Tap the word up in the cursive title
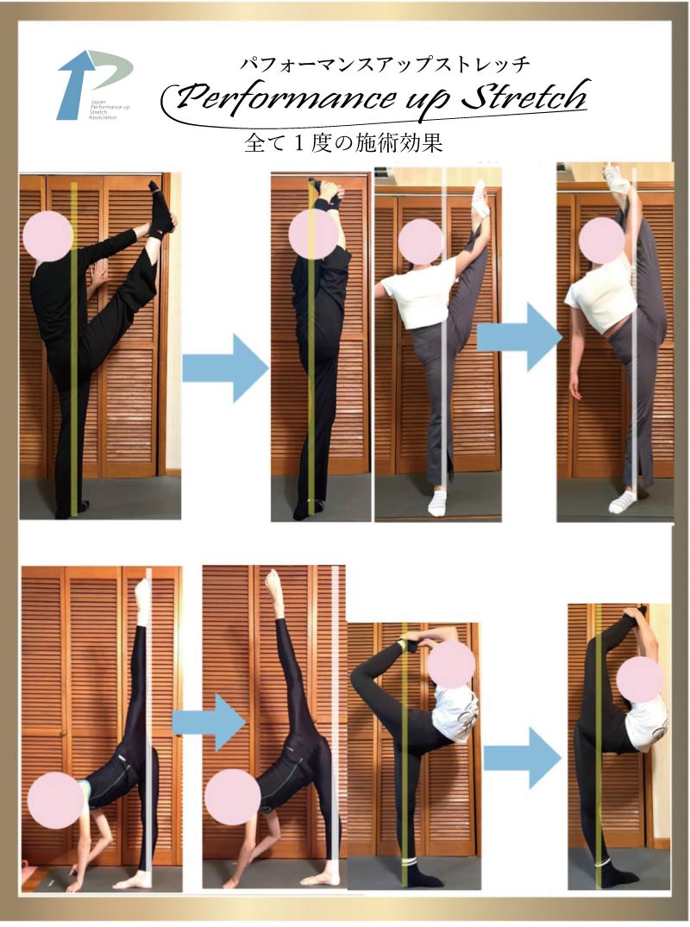pyautogui.click(x=415, y=99)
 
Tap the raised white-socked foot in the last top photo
pyautogui.click(x=617, y=179)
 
